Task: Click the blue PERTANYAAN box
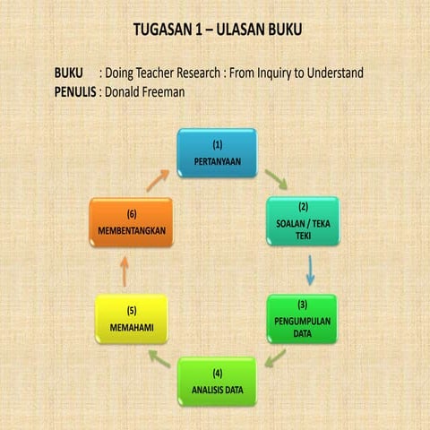[216, 152]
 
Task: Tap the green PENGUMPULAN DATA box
[303, 319]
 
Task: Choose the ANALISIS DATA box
[216, 381]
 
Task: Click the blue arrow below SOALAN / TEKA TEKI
[310, 270]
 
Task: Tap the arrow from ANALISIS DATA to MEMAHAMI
[159, 360]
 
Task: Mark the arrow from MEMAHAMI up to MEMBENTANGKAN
[125, 270]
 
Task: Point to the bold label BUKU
[69, 72]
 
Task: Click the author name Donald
[126, 90]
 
